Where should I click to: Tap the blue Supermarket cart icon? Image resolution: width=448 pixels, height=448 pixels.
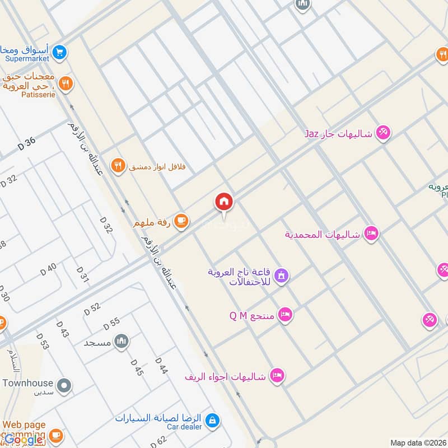[60, 54]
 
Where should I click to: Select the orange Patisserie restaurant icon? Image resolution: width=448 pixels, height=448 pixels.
[66, 84]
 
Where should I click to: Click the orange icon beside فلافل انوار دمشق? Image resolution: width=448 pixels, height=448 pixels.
[117, 165]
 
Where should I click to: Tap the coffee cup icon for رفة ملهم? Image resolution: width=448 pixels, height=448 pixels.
[180, 222]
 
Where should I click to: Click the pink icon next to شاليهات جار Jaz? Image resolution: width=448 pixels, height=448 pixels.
[383, 133]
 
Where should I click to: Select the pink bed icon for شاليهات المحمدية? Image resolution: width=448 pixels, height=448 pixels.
[370, 234]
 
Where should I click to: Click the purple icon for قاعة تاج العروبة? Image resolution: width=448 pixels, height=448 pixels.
[282, 275]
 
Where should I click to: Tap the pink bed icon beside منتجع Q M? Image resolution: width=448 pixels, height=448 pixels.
[286, 315]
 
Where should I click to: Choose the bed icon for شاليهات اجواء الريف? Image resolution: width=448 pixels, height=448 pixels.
[277, 375]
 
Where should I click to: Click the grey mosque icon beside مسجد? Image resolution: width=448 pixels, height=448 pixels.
[121, 340]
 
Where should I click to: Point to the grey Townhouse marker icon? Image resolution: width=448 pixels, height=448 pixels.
[65, 384]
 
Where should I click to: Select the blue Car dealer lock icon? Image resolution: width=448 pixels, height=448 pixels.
[212, 419]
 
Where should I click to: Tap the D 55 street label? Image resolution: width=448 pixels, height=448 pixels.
[111, 323]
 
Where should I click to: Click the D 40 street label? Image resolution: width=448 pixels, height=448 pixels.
[49, 269]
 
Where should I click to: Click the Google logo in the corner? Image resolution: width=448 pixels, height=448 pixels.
[24, 440]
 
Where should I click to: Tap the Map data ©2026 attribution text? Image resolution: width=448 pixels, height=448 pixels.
[417, 443]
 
